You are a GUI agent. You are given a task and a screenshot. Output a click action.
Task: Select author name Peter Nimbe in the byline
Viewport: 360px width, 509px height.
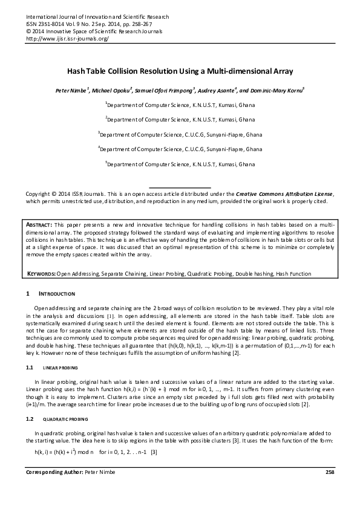point(71,90)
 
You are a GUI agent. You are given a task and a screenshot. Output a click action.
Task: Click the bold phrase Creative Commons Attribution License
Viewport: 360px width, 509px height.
point(283,193)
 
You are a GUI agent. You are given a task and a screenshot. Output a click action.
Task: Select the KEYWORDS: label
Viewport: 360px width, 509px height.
point(41,274)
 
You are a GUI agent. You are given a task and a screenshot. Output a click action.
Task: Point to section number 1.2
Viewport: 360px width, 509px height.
point(29,418)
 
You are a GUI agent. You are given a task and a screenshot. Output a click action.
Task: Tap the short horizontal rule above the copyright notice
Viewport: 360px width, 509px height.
point(180,187)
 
